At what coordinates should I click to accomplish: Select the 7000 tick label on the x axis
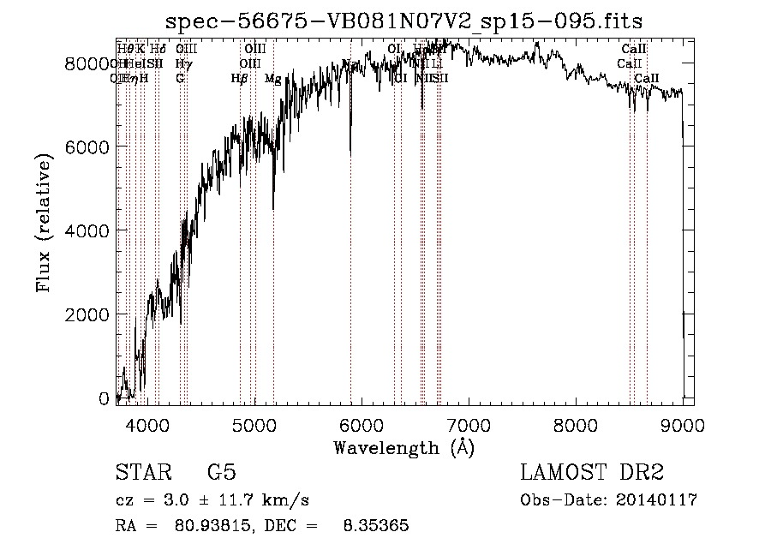tap(469, 423)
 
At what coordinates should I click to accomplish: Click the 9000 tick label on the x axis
tap(683, 423)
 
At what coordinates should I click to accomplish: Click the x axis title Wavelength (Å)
tap(403, 448)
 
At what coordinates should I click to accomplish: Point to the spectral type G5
tap(222, 474)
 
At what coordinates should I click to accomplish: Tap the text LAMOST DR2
tap(592, 474)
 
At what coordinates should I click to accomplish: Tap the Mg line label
tap(272, 79)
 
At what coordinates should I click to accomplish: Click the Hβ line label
tap(239, 79)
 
